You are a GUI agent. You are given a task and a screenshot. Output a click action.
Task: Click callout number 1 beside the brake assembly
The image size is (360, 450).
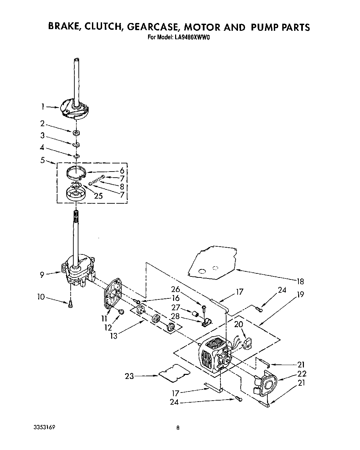[43, 107]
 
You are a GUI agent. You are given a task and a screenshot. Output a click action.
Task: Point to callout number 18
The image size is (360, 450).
[299, 281]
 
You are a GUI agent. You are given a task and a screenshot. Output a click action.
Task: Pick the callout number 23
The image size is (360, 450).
[130, 376]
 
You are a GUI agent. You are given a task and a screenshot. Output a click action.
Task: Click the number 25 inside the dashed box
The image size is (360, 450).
[98, 196]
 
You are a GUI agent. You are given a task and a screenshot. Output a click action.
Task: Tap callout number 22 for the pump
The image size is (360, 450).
[302, 374]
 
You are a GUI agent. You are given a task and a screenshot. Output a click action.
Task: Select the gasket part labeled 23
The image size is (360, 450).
[174, 373]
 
